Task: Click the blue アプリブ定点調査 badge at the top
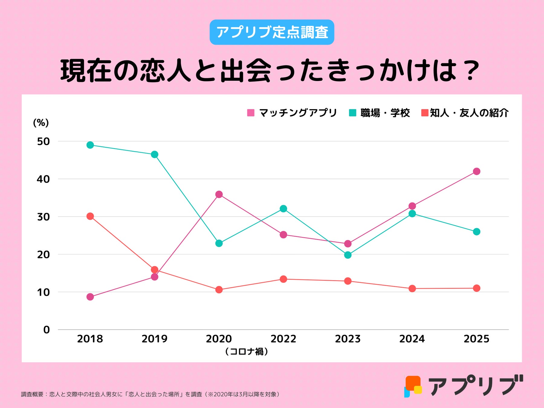point(272,32)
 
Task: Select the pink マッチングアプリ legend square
point(251,113)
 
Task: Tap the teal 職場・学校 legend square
point(352,113)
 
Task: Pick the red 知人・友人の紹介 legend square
point(425,113)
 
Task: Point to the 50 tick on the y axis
point(43,141)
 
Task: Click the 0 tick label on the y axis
point(46,330)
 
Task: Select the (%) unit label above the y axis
point(41,123)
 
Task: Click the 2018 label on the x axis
point(90,339)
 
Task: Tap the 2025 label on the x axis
point(476,339)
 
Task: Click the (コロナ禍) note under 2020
point(247,351)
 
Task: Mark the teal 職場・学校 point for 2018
point(90,145)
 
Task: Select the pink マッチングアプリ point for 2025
point(477,171)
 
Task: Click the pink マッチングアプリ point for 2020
point(219,194)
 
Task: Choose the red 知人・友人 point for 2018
point(90,216)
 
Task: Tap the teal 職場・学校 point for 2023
point(348,255)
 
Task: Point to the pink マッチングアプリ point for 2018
point(90,297)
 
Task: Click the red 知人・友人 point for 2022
point(283,279)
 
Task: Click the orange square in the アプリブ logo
point(413,383)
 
